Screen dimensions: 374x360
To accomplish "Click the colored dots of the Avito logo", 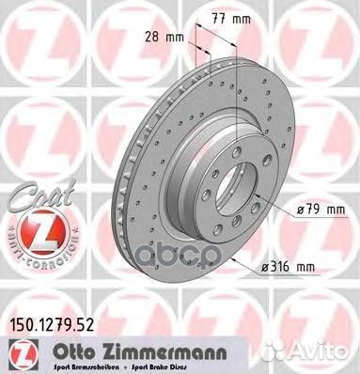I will tap(289, 351).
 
